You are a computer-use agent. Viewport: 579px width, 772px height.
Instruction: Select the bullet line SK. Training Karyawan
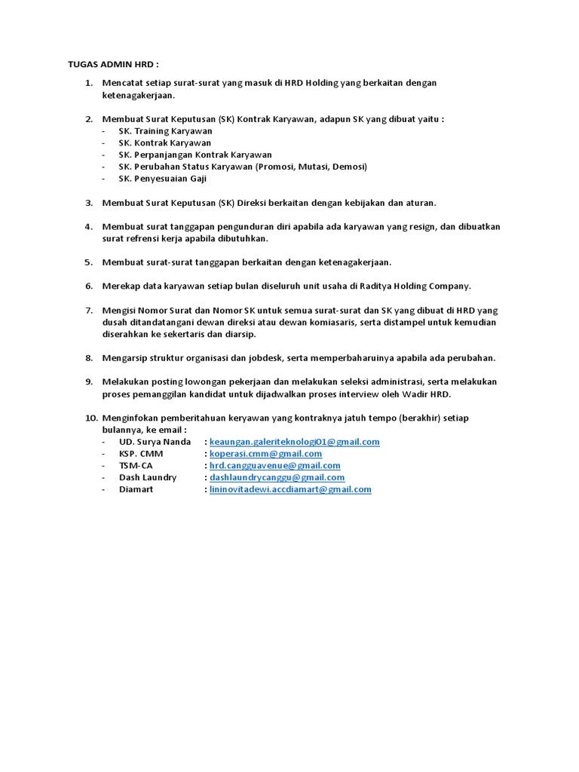[x=155, y=131]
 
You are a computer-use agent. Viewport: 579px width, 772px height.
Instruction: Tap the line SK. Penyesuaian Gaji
[x=162, y=179]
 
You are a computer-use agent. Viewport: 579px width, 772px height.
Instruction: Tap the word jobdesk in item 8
[x=263, y=357]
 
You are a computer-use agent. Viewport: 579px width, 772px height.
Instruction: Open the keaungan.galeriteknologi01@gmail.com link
[x=294, y=442]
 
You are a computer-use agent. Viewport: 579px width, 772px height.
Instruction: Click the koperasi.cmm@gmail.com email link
[x=265, y=454]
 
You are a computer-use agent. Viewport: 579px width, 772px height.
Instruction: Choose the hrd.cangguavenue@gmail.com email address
[x=274, y=466]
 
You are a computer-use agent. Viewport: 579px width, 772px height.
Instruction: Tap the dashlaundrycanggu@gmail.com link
[x=277, y=477]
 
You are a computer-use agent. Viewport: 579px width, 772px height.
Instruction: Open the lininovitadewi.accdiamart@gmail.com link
[x=290, y=489]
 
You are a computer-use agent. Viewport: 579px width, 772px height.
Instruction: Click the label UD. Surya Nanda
[x=155, y=442]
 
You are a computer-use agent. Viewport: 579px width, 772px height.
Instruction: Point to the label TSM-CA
[x=136, y=466]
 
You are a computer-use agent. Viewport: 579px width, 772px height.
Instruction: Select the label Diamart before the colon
[x=136, y=489]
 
